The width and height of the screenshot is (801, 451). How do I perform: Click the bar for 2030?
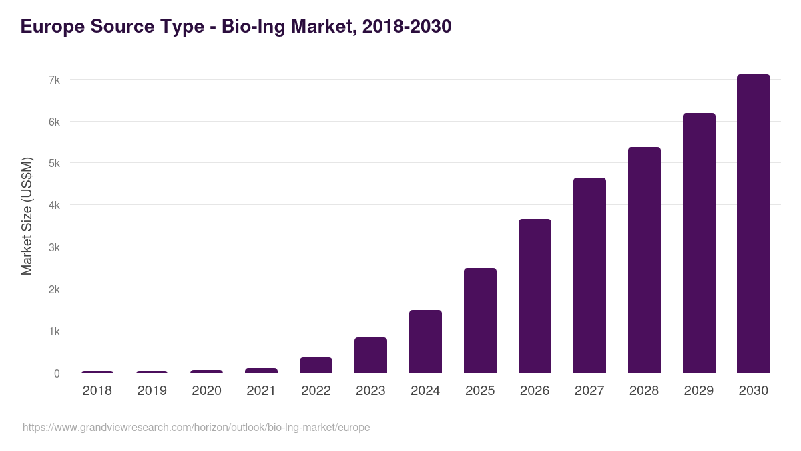point(753,224)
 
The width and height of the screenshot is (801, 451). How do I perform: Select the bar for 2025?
point(480,321)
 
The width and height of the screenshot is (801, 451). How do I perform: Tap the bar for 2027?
point(589,275)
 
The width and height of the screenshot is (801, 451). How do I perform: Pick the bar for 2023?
point(370,355)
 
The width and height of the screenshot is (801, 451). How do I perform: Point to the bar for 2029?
point(699,243)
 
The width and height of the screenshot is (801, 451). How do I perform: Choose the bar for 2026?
point(535,296)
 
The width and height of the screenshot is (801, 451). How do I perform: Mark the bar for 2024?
point(425,341)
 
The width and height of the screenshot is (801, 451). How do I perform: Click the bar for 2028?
point(644,260)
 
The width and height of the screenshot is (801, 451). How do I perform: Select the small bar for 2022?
point(316,365)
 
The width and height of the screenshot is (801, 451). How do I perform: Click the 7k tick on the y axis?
point(54,80)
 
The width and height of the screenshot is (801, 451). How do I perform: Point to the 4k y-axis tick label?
point(54,206)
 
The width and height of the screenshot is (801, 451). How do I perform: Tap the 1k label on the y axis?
point(54,332)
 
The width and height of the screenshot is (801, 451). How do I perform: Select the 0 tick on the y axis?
point(57,373)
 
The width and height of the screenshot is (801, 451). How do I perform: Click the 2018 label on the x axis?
point(97,391)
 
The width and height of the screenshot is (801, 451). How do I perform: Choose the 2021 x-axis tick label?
point(261,391)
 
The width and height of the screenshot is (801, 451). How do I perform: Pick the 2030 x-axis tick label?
point(753,391)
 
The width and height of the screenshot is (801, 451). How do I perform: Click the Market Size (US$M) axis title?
point(27,216)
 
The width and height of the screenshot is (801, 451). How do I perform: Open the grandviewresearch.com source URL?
point(196,427)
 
